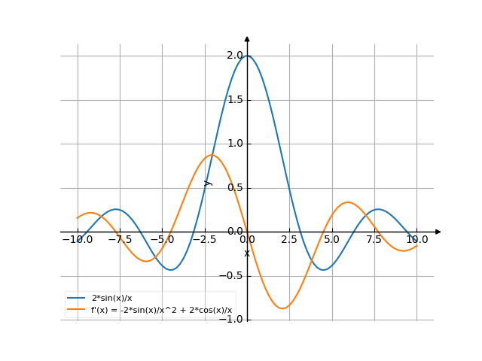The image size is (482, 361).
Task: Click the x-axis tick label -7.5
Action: tap(119, 240)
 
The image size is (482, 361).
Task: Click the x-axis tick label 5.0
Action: tap(332, 240)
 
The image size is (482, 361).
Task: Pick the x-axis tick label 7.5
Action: tap(374, 240)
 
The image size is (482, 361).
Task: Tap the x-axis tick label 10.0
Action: tap(416, 240)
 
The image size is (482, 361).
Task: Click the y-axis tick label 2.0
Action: tap(234, 56)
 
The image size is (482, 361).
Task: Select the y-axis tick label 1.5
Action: tap(234, 100)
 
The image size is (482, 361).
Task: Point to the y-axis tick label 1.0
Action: tap(234, 144)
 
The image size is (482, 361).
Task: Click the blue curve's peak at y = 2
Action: tap(247, 56)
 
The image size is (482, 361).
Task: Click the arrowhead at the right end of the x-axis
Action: tap(438, 232)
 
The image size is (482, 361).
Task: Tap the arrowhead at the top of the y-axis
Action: tap(247, 38)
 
